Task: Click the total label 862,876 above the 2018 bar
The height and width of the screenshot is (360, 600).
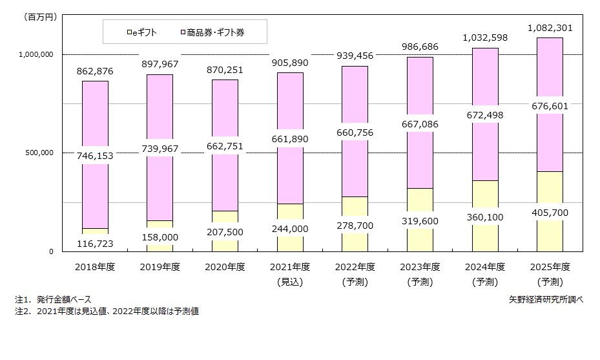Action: pos(95,70)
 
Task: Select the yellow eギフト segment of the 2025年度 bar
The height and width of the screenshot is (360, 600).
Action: pos(549,194)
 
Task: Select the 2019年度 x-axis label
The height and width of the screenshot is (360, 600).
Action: pos(160,267)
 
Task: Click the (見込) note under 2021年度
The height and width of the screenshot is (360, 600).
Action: pos(290,282)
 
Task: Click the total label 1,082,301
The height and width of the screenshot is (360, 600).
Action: pos(550,28)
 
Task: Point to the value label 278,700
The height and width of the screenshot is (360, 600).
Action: pos(355,225)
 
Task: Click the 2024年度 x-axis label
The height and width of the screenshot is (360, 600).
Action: pos(484,267)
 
